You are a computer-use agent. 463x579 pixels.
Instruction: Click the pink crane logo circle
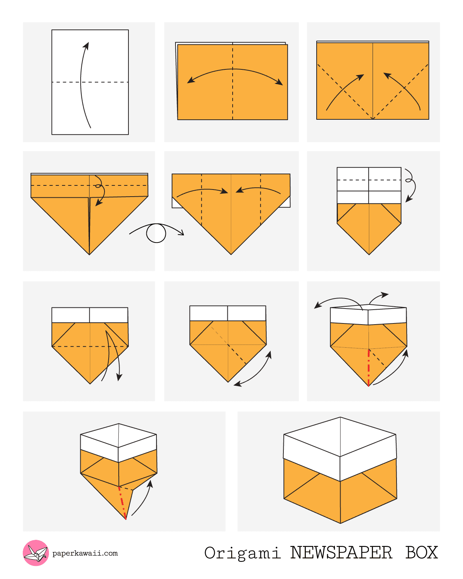click(x=36, y=553)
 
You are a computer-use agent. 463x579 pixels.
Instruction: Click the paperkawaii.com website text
click(x=85, y=553)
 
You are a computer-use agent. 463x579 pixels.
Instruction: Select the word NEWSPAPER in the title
click(x=341, y=553)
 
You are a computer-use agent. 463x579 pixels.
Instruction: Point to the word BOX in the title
click(x=422, y=553)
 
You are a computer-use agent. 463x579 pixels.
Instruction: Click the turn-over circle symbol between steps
click(x=156, y=233)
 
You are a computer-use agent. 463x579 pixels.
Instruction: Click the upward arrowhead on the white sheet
click(x=86, y=46)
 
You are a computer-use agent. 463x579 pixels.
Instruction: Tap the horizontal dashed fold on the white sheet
click(x=90, y=82)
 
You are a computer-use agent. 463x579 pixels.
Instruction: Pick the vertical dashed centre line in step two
click(x=233, y=81)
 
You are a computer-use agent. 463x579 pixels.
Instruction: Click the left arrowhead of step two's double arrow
click(x=191, y=79)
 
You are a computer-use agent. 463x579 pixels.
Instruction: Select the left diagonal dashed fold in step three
click(x=345, y=91)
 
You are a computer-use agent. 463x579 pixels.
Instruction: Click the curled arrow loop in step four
click(x=99, y=186)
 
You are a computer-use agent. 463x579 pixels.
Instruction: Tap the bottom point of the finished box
click(x=341, y=523)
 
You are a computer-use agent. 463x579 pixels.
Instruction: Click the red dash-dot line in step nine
click(x=369, y=368)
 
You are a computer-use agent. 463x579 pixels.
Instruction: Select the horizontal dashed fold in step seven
click(x=90, y=347)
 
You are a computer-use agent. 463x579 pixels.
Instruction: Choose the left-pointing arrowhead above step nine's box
click(x=318, y=305)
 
